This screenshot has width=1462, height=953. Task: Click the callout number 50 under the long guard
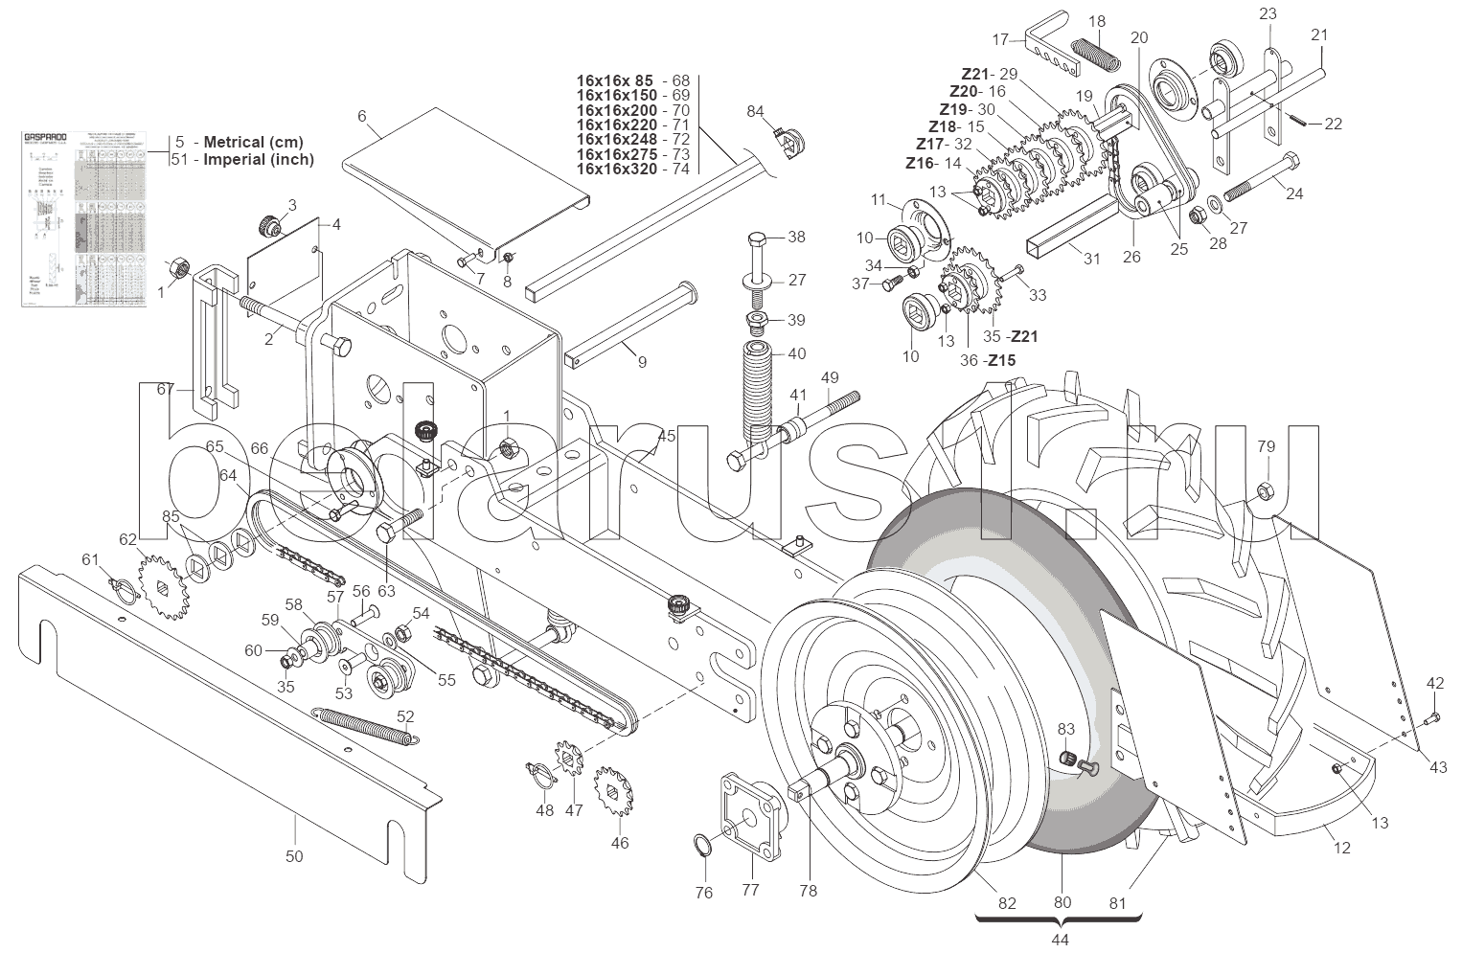click(x=294, y=855)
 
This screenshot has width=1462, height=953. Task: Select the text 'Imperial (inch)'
click(x=259, y=160)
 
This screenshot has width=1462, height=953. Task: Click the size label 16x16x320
click(x=617, y=169)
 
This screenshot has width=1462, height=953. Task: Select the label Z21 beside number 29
click(x=975, y=74)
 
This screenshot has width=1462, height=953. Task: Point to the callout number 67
click(x=165, y=389)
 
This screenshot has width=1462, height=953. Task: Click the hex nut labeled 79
click(x=1264, y=492)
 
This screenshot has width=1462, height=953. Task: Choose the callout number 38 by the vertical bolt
click(x=797, y=237)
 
